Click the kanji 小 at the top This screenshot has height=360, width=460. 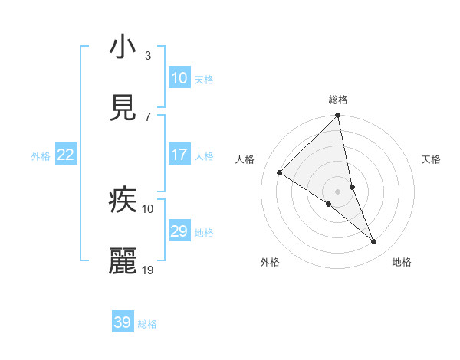(x=123, y=47)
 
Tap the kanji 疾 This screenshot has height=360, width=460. (x=123, y=201)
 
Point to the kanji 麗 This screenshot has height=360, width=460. (x=123, y=262)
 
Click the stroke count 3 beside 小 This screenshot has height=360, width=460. (x=148, y=55)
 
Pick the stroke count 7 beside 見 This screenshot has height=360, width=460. (x=148, y=116)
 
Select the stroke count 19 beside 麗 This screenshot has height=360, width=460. (x=148, y=270)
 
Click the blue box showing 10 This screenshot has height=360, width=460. (x=179, y=78)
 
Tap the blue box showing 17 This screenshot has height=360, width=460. (x=179, y=155)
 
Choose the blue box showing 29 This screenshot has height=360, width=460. (x=179, y=231)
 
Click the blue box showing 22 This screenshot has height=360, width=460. (x=66, y=155)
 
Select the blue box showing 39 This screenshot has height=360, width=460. (x=123, y=322)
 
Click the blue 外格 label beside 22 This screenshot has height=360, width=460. (x=41, y=156)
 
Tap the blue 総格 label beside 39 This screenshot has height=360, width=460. (x=147, y=324)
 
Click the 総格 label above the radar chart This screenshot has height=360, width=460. (x=338, y=100)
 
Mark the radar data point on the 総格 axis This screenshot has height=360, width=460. (x=338, y=116)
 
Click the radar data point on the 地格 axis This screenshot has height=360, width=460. (x=374, y=242)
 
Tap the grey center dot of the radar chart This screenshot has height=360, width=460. (x=338, y=191)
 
